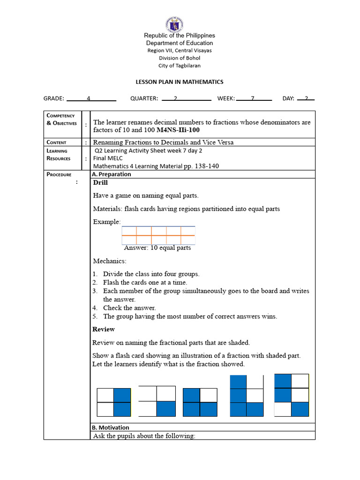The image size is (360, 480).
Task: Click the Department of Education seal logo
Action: (x=174, y=24)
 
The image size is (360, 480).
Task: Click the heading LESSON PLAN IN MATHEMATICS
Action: (x=180, y=82)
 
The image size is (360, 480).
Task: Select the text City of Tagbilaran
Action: (x=180, y=66)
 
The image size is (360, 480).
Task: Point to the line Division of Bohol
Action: (x=180, y=58)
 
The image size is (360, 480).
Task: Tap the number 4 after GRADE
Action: (x=89, y=98)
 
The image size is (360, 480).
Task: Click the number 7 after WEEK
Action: (x=253, y=98)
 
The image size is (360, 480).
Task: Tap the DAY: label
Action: (x=288, y=98)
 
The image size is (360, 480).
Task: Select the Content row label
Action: (x=57, y=142)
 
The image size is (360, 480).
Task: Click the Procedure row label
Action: (x=59, y=174)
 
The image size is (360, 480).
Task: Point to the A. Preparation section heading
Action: (x=112, y=174)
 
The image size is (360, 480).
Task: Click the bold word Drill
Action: (x=100, y=183)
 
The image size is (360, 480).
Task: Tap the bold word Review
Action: (x=104, y=330)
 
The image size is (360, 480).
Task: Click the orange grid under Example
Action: (x=158, y=235)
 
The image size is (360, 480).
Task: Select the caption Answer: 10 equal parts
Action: (x=157, y=248)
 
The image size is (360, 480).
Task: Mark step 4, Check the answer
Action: (x=129, y=308)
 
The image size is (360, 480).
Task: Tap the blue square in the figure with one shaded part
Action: (x=166, y=409)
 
